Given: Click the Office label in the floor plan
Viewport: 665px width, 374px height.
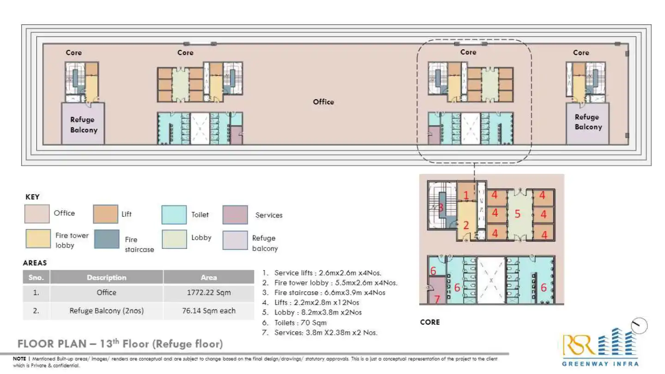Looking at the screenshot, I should click(323, 102).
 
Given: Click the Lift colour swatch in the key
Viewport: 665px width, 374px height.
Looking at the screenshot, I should click(105, 214).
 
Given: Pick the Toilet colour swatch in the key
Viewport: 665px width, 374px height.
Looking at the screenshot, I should click(174, 215).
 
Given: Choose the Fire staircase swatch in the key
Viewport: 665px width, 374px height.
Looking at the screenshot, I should click(106, 239).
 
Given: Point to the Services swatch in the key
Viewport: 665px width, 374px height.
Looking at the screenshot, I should click(235, 215).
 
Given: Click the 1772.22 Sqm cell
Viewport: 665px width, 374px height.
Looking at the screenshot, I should click(208, 293).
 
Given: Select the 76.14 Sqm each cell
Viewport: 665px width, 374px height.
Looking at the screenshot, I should click(208, 311).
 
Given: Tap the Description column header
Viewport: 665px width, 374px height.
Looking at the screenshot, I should click(106, 277).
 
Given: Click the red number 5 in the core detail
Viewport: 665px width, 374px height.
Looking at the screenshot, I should click(517, 214).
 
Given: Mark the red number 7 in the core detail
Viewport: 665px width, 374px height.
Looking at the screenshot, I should click(437, 299).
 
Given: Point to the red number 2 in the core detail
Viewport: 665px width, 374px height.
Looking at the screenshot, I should click(466, 225).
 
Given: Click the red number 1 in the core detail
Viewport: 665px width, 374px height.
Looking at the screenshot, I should click(466, 195).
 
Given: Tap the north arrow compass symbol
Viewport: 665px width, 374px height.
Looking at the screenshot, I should click(639, 326).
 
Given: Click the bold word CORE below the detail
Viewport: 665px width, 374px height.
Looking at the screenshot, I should click(429, 322).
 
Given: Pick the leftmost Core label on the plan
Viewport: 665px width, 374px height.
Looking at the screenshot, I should click(73, 53).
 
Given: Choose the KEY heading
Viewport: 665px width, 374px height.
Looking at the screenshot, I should click(32, 197).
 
